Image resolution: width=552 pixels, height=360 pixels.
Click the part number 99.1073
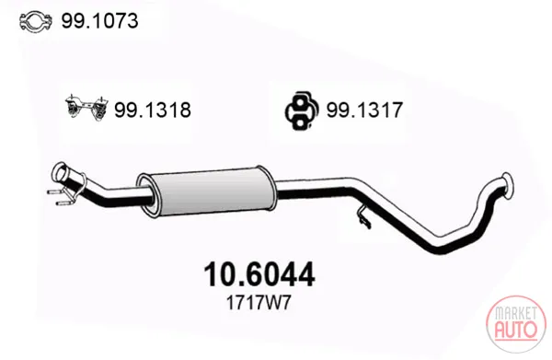(x=99, y=21)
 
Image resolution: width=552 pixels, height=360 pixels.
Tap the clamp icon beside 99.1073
(x=36, y=21)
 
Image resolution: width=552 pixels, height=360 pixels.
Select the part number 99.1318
(x=153, y=110)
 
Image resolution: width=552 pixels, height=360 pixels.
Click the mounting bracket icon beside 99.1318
(x=86, y=108)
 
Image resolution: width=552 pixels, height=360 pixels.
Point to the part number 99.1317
(x=364, y=110)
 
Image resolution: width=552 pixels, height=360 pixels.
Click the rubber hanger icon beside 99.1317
(x=302, y=110)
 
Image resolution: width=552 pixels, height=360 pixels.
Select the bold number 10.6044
(x=259, y=274)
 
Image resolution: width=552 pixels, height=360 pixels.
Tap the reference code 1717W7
(x=259, y=303)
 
